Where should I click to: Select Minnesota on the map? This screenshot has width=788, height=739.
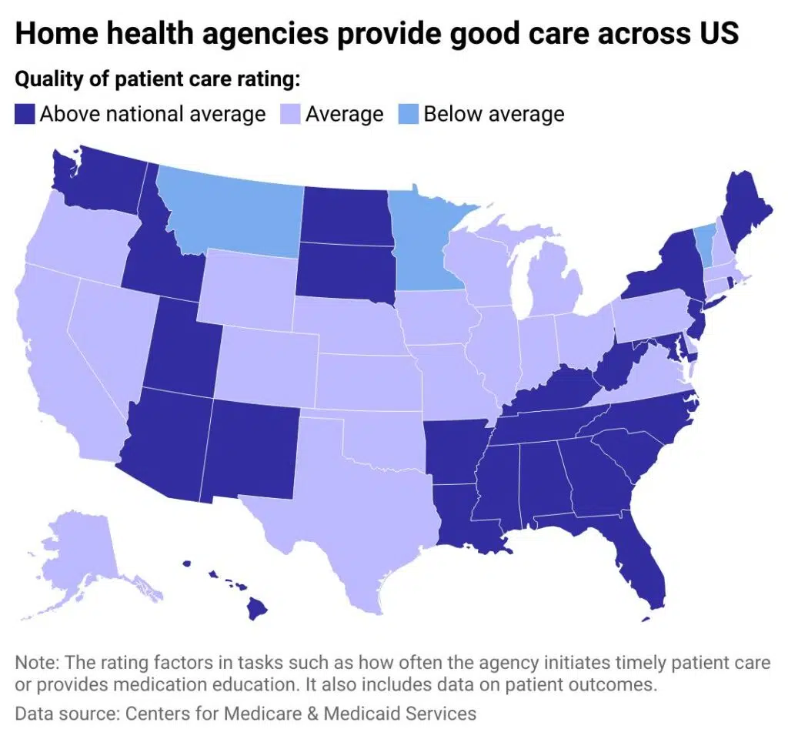click(x=423, y=239)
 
